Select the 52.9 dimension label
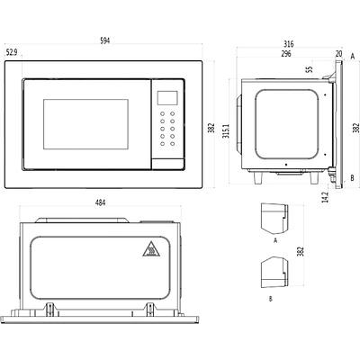(x=11, y=52)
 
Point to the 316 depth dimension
(x=290, y=42)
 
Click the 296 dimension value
(x=285, y=53)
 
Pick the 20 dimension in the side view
(x=337, y=53)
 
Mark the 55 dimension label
(x=309, y=69)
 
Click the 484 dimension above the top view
(x=100, y=203)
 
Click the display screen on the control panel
(x=166, y=97)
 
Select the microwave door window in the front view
(x=85, y=124)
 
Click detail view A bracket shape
(x=273, y=219)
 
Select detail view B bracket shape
(x=272, y=272)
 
